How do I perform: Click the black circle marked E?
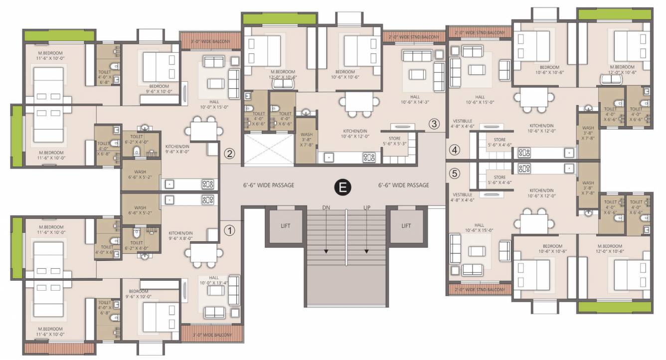342,187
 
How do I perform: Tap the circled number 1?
229,230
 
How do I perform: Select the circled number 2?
229,154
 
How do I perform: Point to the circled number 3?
434,124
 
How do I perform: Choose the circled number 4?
454,149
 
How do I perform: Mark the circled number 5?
454,174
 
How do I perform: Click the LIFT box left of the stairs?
285,225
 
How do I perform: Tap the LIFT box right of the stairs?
406,225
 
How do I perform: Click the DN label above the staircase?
326,207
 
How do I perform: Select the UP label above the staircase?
367,207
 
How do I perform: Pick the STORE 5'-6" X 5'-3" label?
394,141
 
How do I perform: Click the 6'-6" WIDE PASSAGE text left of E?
268,185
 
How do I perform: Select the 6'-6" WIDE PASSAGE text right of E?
403,185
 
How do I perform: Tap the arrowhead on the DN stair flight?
326,251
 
